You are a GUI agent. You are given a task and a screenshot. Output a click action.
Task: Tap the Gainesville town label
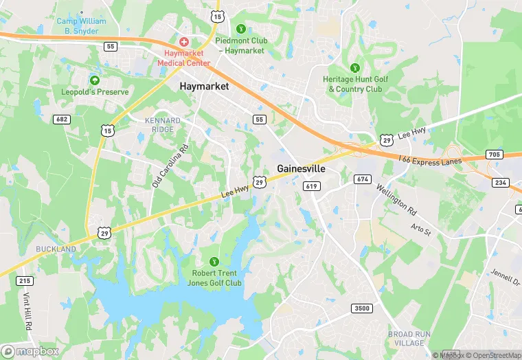(301, 168)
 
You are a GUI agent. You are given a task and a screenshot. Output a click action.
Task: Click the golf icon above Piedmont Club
(240, 29)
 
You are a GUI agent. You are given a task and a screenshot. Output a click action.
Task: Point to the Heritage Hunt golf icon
(355, 67)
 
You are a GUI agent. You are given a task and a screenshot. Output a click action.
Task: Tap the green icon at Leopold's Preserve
(95, 80)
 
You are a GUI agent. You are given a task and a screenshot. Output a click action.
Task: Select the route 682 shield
(62, 120)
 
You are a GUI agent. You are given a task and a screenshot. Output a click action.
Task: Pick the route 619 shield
(311, 186)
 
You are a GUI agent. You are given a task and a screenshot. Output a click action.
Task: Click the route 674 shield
(363, 179)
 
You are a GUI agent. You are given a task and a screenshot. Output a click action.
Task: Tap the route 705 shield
(493, 155)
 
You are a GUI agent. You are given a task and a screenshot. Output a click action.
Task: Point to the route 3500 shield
(363, 308)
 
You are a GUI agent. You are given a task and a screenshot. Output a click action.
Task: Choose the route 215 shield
(25, 281)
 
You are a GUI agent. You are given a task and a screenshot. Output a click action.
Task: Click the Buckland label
(56, 248)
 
